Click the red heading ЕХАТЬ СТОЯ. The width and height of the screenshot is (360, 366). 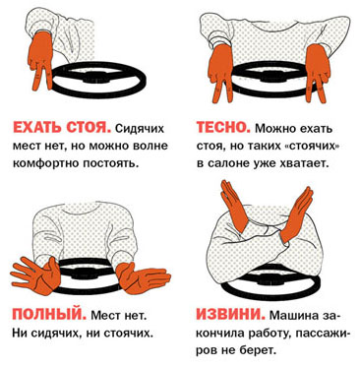point(61,127)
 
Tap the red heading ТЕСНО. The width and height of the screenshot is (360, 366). point(223,127)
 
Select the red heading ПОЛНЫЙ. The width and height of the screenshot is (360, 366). point(49,314)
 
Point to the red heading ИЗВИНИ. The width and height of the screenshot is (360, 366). point(231,314)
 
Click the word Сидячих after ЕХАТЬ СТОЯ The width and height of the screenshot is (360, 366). point(140,128)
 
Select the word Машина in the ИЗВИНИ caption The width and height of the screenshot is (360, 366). point(294,316)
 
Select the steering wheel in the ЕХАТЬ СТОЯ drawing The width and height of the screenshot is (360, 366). point(98,91)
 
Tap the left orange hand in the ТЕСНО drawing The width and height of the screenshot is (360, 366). point(221,72)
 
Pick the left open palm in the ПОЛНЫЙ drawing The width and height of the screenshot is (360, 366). point(36,274)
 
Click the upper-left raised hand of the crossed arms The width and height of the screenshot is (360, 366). point(233,206)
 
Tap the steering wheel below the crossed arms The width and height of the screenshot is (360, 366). point(270,293)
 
